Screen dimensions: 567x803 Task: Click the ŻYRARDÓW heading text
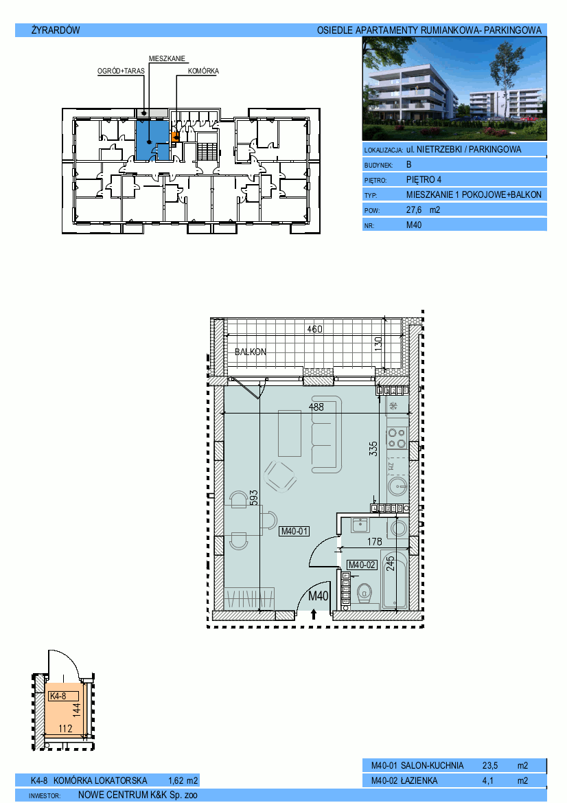(x=56, y=30)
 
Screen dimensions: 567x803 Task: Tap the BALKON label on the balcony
(x=251, y=352)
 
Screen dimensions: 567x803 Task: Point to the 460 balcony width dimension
(x=314, y=329)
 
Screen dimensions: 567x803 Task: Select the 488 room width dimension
(x=316, y=407)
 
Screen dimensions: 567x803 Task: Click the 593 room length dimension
(x=254, y=498)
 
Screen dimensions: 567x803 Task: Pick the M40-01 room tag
(x=294, y=532)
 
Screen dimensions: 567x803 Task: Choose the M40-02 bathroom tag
(x=362, y=565)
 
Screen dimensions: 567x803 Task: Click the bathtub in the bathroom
(x=395, y=580)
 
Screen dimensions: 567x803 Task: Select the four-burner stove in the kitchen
(x=397, y=438)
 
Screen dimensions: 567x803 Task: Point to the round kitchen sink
(x=397, y=485)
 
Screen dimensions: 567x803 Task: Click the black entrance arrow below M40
(x=314, y=614)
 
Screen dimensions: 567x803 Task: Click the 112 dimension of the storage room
(x=65, y=728)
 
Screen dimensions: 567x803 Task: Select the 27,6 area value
(x=414, y=210)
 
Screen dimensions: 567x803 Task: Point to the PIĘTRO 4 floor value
(x=424, y=180)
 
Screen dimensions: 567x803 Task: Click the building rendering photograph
(x=454, y=89)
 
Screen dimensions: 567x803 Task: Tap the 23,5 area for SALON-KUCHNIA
(x=489, y=766)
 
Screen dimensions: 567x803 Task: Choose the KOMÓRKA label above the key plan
(x=203, y=71)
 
